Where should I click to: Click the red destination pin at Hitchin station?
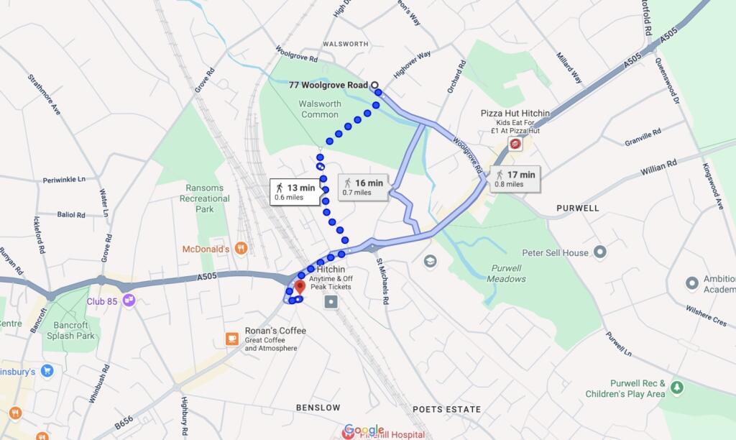[x=300, y=286]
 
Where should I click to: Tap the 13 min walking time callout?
[x=295, y=192]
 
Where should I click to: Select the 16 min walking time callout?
[x=364, y=186]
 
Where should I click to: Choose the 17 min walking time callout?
[x=515, y=178]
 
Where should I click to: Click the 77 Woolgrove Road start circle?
[x=374, y=85]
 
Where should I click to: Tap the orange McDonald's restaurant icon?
[x=241, y=249]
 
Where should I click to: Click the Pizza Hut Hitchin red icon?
[x=515, y=145]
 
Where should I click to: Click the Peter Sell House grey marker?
[x=600, y=252]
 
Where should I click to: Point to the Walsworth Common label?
[x=320, y=109]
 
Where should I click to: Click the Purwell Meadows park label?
[x=507, y=274]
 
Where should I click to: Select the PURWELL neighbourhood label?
[x=577, y=208]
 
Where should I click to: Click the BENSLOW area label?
[x=318, y=408]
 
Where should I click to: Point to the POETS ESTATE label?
[x=446, y=409]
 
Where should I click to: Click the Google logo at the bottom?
[x=364, y=429]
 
